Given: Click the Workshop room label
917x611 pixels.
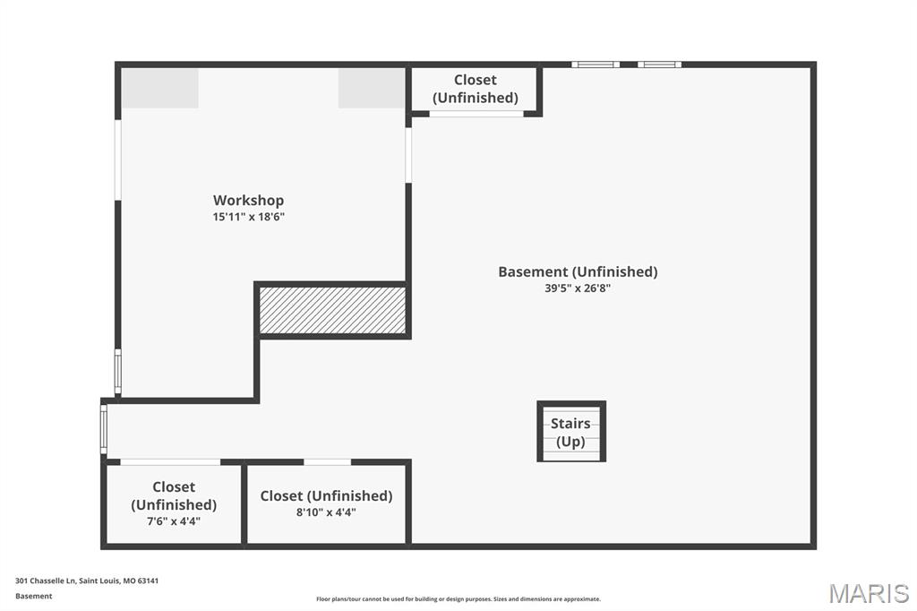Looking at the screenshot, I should (x=248, y=200).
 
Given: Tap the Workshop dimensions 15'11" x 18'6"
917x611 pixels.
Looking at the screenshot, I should (x=248, y=217).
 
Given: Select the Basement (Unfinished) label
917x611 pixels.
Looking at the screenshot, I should (x=578, y=271).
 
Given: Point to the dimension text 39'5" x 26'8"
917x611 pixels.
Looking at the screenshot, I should (x=578, y=288).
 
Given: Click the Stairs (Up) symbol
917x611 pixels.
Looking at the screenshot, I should (x=571, y=432).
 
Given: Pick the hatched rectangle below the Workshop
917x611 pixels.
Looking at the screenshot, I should (x=332, y=311).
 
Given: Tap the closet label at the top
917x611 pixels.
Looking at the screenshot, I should (x=475, y=89).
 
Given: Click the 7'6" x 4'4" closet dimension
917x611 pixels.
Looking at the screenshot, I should (x=174, y=521).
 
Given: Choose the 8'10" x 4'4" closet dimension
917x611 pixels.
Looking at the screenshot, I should (x=326, y=512).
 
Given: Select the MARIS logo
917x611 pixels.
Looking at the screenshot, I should (x=868, y=593).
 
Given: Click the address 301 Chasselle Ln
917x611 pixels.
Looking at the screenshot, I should (x=87, y=581).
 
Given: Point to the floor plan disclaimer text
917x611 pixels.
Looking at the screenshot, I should (x=458, y=598).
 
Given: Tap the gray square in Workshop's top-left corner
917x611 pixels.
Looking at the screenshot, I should (x=160, y=88).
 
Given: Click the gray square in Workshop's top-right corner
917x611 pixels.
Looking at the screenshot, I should (x=371, y=88).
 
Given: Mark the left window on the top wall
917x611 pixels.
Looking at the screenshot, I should (x=596, y=65).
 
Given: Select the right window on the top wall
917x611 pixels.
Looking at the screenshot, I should (x=660, y=65).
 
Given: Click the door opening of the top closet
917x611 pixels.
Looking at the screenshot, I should (x=476, y=114).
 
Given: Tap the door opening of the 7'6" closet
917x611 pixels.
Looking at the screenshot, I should (x=170, y=462).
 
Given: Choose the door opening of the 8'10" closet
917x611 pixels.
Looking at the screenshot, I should (x=327, y=462).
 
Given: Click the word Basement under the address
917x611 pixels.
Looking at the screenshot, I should (x=34, y=596).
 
